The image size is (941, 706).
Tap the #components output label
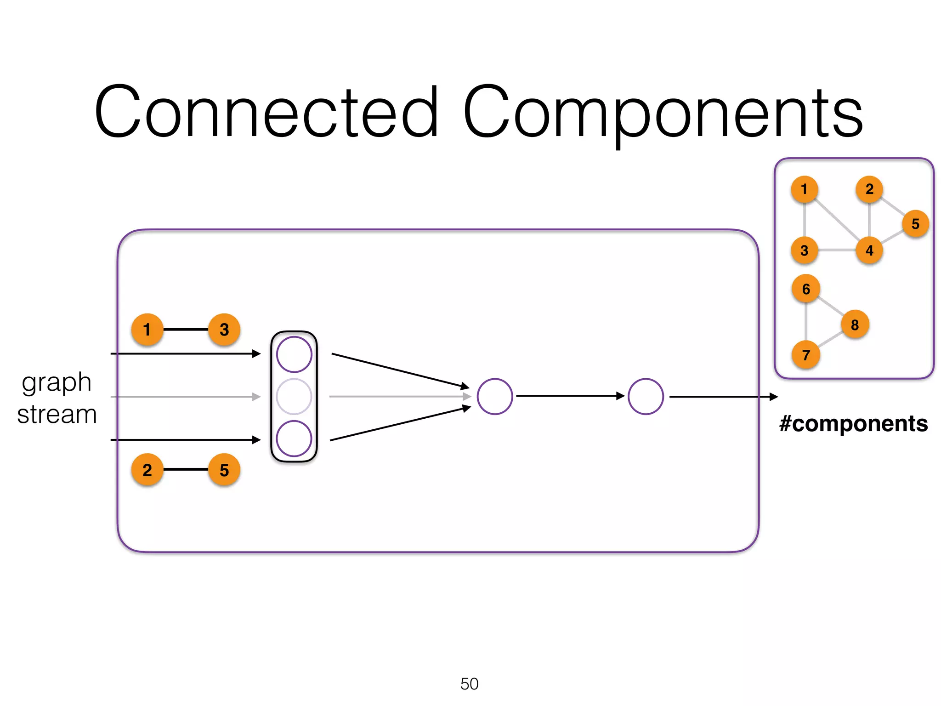click(853, 423)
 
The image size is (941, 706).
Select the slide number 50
click(469, 683)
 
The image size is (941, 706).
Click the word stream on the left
click(57, 414)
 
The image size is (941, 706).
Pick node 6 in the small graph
click(806, 289)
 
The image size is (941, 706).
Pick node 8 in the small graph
click(855, 325)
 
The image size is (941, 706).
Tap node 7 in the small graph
click(806, 355)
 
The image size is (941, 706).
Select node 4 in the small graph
click(869, 251)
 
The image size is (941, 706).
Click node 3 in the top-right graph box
click(804, 251)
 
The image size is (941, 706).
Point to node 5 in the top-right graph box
click(915, 224)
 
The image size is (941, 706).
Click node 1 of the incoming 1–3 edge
click(147, 330)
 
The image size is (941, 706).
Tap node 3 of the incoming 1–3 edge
click(224, 330)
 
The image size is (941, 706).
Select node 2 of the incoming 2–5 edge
click(147, 470)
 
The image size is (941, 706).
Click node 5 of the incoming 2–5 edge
click(224, 470)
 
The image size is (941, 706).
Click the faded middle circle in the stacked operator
click(294, 397)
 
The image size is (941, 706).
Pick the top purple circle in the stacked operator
click(294, 354)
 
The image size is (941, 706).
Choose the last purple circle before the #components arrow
click(646, 397)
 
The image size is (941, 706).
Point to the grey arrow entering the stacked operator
click(184, 397)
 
